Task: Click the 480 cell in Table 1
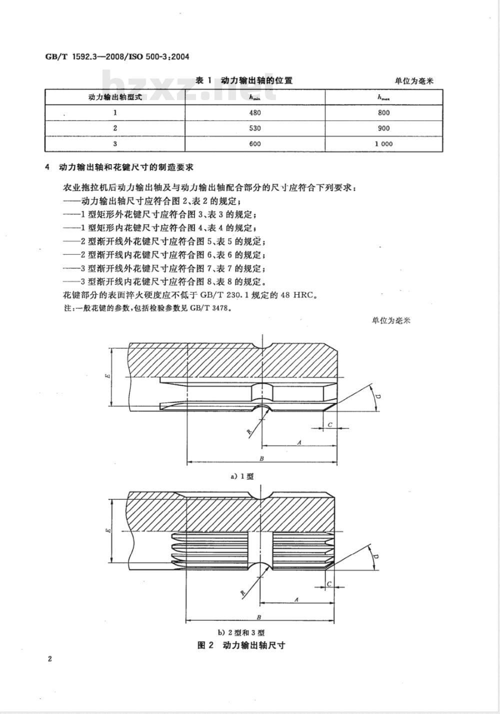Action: (255, 113)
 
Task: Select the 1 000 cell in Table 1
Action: (383, 144)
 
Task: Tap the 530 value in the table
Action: (255, 128)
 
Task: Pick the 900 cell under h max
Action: (384, 128)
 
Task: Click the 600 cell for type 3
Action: (255, 144)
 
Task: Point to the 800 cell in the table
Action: (384, 113)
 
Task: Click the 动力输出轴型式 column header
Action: (115, 97)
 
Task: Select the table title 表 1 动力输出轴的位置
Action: (243, 81)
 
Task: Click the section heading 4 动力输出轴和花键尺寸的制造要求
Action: (119, 167)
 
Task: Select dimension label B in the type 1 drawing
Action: (262, 459)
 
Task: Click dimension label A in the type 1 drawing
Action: (299, 442)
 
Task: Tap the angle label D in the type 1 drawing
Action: (377, 397)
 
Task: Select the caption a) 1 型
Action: (242, 476)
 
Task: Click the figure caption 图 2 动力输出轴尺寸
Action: (241, 645)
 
